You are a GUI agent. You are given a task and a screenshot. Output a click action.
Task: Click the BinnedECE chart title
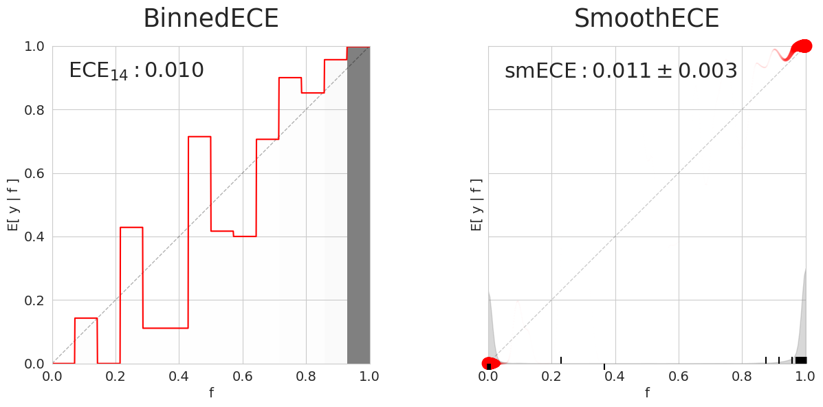point(210,19)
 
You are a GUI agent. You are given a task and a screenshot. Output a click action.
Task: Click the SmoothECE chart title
point(646,19)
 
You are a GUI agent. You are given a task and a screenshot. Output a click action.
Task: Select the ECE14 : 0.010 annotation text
point(136,71)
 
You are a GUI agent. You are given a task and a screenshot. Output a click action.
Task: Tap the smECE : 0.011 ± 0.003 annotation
point(620,71)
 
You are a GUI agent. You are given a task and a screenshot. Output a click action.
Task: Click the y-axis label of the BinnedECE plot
point(14,205)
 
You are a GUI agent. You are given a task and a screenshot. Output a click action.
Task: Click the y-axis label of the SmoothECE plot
point(476,205)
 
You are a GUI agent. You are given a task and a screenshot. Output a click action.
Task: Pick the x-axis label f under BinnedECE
point(211,393)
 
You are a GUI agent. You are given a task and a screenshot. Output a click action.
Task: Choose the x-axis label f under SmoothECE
point(647,393)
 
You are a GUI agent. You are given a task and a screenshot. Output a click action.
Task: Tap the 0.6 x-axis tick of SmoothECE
point(679,376)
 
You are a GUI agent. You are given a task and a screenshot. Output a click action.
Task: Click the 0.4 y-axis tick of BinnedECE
point(34,237)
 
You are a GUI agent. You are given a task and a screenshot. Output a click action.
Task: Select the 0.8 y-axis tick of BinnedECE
point(34,110)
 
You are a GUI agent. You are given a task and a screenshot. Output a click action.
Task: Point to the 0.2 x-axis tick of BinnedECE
point(116,376)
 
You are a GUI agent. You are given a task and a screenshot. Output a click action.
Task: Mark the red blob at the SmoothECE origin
point(490,364)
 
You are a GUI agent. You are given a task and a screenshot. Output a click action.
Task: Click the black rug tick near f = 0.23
point(561,360)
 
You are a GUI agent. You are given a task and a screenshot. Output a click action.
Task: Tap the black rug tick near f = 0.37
point(604,366)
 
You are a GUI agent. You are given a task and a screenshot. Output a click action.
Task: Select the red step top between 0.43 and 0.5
point(199,137)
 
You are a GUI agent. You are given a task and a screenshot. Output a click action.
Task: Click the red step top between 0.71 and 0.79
point(290,78)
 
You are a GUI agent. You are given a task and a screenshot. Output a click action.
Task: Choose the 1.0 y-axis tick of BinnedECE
point(34,47)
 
